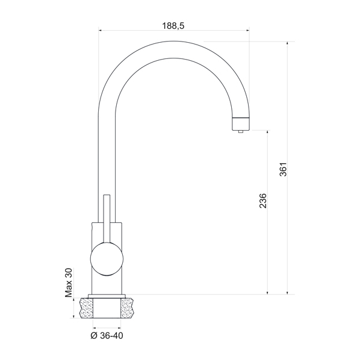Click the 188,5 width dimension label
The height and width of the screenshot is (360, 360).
click(173, 25)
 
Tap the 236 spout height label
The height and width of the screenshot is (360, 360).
click(262, 201)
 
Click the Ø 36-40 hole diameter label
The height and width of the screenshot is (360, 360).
click(107, 335)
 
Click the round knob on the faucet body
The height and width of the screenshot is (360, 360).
click(107, 259)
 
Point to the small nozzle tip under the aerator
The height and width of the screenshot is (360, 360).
click(240, 131)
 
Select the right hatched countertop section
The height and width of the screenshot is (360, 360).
click(129, 308)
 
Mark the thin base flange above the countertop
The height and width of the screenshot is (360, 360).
click(107, 295)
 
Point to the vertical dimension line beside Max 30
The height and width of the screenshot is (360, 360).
click(75, 308)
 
